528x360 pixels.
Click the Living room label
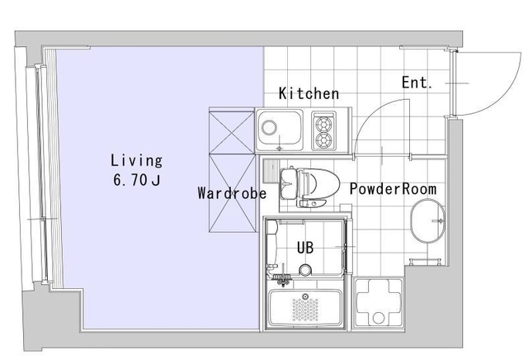(x=136, y=160)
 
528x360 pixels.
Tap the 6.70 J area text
(x=137, y=180)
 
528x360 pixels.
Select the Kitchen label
(x=309, y=93)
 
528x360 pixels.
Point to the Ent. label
(x=417, y=83)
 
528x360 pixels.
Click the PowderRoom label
(x=393, y=189)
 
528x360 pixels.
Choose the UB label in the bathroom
(x=305, y=248)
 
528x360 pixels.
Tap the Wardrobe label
(x=232, y=193)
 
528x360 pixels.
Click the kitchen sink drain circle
(x=270, y=128)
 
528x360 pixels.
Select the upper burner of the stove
(x=323, y=124)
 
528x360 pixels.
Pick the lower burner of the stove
(x=323, y=140)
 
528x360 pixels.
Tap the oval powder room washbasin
(x=427, y=220)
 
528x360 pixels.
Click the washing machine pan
(x=379, y=302)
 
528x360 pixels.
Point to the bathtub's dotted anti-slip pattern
(x=305, y=310)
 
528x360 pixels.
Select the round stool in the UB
(x=305, y=270)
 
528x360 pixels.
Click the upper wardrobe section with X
(x=232, y=132)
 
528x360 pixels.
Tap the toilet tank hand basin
(x=288, y=182)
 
